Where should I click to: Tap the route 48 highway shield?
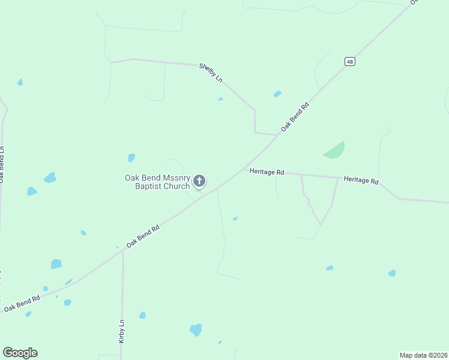pos(349,61)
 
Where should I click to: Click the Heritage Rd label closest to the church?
pos(267,172)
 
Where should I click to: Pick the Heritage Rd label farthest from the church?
pos(361,180)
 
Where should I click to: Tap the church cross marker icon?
pos(200,180)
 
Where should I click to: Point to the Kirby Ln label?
pos(121,331)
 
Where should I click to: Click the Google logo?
pos(20,353)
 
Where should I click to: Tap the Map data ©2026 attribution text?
pos(423,355)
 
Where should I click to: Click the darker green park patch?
pos(335,151)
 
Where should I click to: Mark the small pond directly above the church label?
pos(131,158)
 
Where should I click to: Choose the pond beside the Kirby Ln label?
pos(142,315)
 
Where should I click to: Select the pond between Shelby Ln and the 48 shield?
pos(277,94)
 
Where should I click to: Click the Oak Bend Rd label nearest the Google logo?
pos(22,303)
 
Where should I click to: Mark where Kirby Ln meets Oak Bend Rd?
pos(122,252)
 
